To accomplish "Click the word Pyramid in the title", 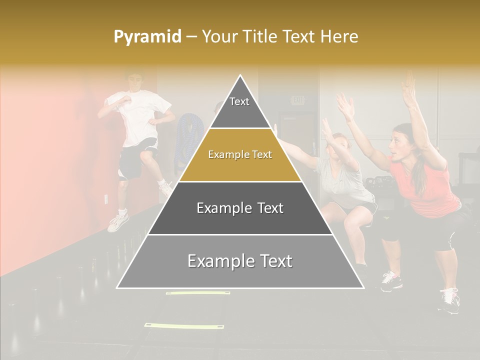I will [147, 37].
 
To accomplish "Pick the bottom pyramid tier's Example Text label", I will [240, 261].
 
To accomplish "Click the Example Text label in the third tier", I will [240, 208].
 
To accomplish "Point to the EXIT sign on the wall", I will [298, 100].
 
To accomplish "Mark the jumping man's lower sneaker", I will [118, 222].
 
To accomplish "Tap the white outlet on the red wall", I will [106, 199].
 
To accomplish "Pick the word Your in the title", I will [218, 37].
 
